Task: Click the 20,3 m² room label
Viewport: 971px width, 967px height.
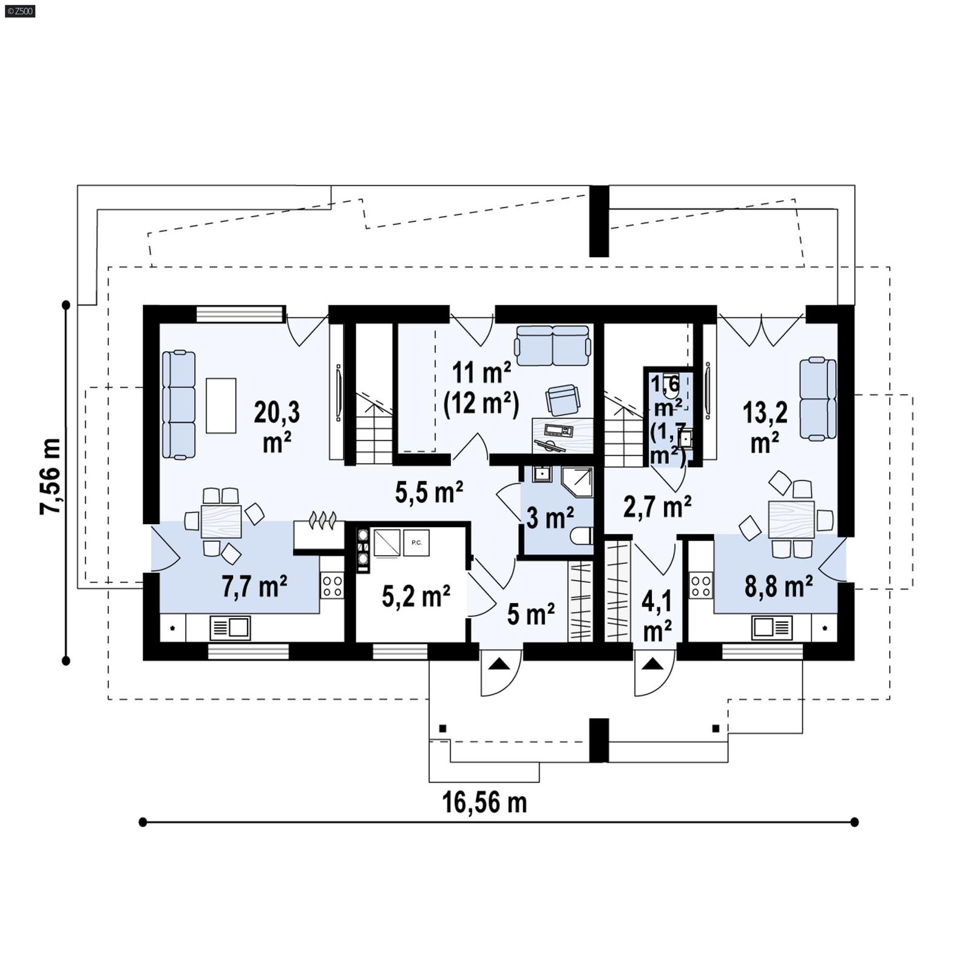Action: (x=277, y=426)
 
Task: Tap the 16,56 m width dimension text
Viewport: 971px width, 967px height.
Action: (x=484, y=803)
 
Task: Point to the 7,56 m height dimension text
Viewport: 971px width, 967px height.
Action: (x=51, y=476)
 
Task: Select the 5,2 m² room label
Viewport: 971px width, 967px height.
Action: (x=416, y=596)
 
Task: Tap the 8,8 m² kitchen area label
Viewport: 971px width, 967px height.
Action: (x=779, y=587)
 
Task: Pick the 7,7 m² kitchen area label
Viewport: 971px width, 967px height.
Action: (x=254, y=587)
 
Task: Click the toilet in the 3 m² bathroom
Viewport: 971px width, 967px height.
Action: (x=581, y=536)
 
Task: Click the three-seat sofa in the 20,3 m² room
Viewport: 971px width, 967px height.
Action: (x=179, y=405)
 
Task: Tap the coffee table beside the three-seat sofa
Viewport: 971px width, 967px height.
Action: (x=221, y=405)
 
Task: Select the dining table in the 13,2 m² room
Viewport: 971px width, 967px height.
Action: (x=791, y=519)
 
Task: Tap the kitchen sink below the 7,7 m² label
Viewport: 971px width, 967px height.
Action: (x=230, y=628)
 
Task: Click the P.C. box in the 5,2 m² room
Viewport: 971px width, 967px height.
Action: (x=416, y=542)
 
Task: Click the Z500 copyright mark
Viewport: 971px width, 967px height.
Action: (x=19, y=10)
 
